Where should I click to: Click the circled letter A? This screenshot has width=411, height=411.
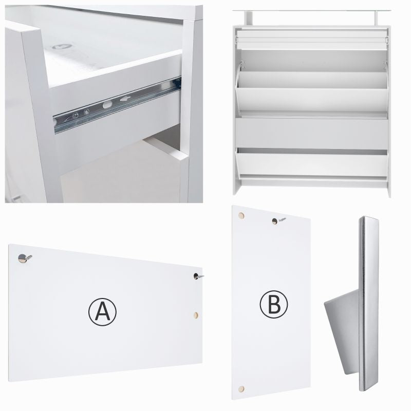(102, 312)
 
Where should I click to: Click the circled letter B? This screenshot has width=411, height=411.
(274, 304)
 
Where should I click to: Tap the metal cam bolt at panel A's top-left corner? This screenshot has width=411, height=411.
(24, 258)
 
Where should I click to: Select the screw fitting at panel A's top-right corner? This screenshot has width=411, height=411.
(198, 276)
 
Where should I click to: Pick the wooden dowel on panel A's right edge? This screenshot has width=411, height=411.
(196, 315)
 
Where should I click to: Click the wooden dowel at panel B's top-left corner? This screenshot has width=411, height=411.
(241, 216)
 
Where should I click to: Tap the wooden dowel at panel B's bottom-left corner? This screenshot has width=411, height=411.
(241, 389)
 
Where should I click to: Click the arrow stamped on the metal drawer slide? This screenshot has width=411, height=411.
(125, 99)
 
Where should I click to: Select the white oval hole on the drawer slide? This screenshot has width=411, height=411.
(107, 105)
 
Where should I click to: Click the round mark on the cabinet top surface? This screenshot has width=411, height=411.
(62, 47)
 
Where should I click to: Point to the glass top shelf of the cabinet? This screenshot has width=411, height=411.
(312, 11)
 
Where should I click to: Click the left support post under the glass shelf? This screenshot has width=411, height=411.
(249, 18)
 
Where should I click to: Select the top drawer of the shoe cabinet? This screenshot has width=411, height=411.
(312, 40)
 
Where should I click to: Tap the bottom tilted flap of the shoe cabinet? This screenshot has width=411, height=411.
(312, 162)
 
